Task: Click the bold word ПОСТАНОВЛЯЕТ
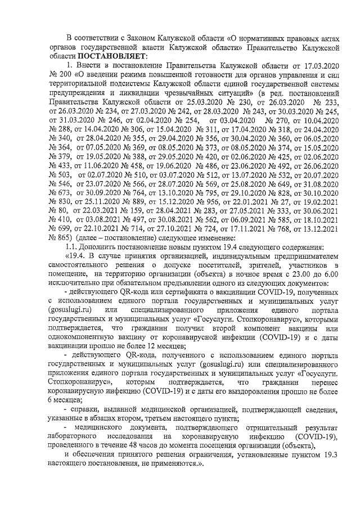point(112,56)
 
